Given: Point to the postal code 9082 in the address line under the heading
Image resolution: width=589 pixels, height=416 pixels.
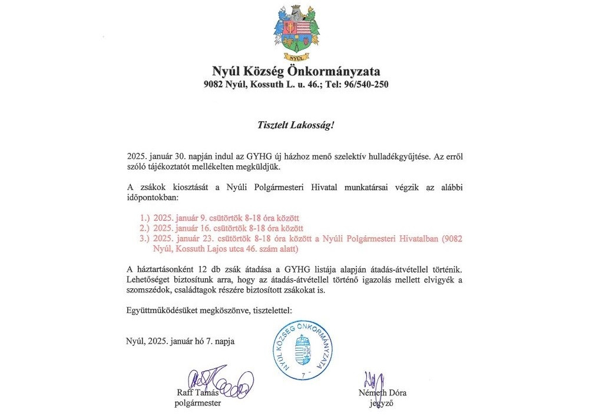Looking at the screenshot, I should [x=215, y=85].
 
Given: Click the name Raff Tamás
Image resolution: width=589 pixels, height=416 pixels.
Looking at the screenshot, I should [x=198, y=393].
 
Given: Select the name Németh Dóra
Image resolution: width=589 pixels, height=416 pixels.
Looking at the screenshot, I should [x=382, y=393].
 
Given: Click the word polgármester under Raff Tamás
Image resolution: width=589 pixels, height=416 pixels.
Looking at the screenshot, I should [x=198, y=404].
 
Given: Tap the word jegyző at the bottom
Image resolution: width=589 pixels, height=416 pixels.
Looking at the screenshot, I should [x=381, y=404].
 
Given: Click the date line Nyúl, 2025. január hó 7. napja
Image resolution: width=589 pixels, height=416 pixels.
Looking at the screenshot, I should [x=180, y=341].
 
